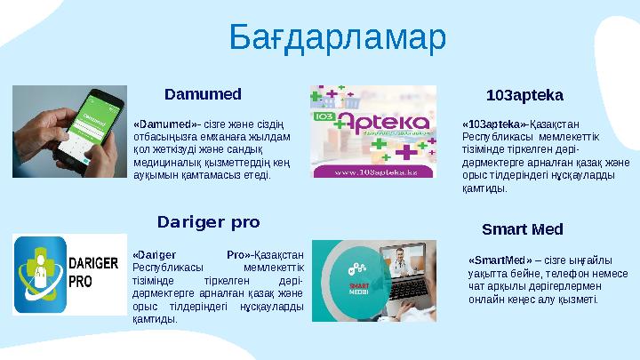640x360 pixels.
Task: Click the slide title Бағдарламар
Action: coord(337,38)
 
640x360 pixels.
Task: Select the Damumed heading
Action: coord(204,92)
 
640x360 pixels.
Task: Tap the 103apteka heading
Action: coord(524,93)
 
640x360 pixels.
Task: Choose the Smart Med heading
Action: coord(522,229)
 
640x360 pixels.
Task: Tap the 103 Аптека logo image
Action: coord(372,132)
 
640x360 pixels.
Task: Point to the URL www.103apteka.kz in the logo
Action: coord(374,169)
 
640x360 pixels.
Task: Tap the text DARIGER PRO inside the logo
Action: coord(93,273)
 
